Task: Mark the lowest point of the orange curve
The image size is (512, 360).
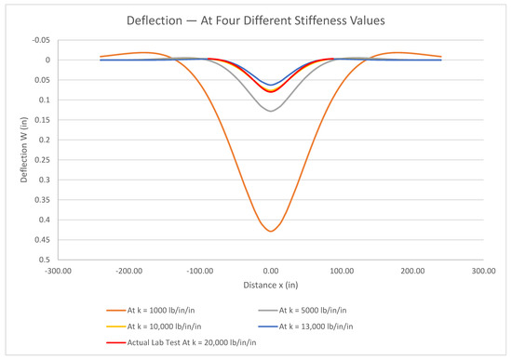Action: [271, 231]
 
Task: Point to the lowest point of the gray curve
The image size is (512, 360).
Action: [271, 112]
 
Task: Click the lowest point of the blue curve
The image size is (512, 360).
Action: [271, 85]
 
